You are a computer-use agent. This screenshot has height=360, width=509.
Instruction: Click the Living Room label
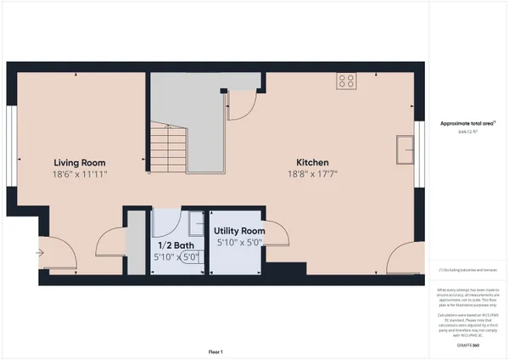click(80, 162)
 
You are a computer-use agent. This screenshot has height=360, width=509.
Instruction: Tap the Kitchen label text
click(312, 162)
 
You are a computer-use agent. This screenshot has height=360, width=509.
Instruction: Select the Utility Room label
click(239, 230)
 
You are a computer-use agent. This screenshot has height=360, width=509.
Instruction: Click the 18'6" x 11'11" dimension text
click(80, 174)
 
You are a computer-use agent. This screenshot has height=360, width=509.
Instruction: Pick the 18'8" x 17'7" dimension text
click(312, 174)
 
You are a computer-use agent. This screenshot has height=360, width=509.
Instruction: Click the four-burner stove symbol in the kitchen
click(346, 82)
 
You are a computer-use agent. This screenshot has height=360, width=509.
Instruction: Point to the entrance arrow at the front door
click(39, 251)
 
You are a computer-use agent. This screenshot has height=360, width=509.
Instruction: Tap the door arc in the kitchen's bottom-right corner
click(395, 260)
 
